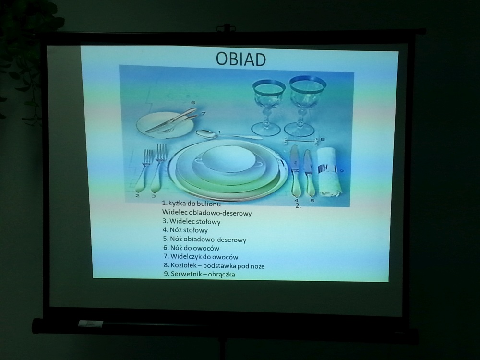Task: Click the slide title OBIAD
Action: click(240, 59)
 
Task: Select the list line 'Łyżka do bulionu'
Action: click(192, 204)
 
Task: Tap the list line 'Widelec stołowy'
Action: click(192, 221)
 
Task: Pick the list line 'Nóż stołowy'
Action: click(185, 230)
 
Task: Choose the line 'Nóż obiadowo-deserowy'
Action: click(204, 240)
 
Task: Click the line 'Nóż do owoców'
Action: click(192, 248)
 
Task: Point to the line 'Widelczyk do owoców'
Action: click(201, 257)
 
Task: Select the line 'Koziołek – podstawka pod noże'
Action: click(214, 266)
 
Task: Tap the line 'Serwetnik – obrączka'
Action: click(199, 274)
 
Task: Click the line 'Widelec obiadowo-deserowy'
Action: click(207, 213)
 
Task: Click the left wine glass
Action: click(268, 107)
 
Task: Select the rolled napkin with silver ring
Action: click(328, 172)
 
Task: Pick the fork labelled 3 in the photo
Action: click(159, 168)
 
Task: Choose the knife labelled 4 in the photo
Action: click(295, 171)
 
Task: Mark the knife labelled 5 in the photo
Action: click(309, 173)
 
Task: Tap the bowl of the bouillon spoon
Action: click(206, 133)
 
